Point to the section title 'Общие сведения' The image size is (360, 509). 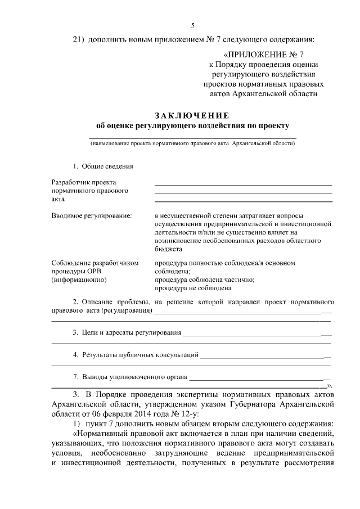[107, 166]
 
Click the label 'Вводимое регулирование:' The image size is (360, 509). [92, 215]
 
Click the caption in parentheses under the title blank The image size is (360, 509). [193, 144]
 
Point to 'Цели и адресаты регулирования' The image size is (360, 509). [132, 333]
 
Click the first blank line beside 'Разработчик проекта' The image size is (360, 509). [243, 183]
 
